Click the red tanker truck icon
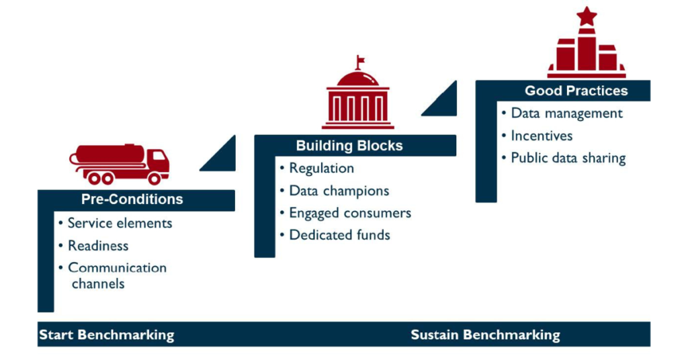120,164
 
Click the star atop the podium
587,15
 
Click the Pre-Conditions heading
132,199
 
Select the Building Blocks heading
349,146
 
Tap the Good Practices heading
576,91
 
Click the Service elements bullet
120,223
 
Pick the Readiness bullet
98,246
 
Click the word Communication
117,267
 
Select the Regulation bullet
321,169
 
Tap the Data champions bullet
339,191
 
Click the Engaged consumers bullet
349,213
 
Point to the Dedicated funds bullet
339,235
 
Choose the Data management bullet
566,114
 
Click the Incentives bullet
542,136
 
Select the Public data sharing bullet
568,159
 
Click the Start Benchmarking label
106,335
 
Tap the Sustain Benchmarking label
485,335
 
